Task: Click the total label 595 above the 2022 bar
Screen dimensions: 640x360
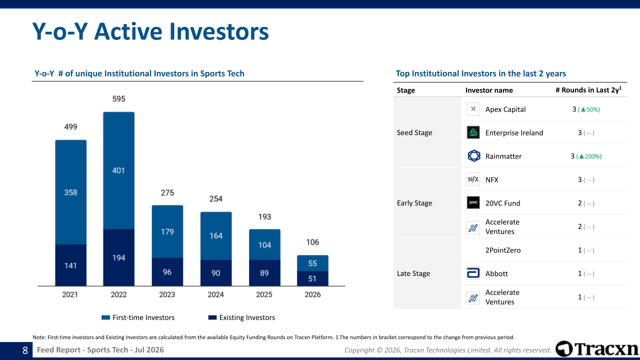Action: pos(118,99)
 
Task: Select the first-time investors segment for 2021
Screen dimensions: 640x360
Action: pos(71,192)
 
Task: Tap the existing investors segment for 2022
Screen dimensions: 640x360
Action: pos(119,257)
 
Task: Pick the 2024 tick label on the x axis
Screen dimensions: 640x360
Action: pos(215,294)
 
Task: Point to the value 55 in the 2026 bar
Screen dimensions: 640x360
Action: pos(312,263)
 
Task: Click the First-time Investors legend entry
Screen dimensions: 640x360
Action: pos(138,317)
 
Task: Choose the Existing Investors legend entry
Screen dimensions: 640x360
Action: pos(241,317)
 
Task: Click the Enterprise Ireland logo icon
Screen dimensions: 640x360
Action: pos(473,132)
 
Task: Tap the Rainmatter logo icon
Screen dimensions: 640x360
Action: pos(473,156)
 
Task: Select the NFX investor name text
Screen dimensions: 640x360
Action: pos(491,179)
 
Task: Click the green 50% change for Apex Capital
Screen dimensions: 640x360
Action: pos(589,109)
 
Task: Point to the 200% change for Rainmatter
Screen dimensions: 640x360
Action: pos(589,156)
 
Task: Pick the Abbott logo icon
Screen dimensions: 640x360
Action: pos(473,273)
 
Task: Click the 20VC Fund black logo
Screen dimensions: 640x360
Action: pos(473,202)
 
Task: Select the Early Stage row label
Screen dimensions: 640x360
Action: pos(414,203)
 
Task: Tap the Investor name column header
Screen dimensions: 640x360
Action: pos(489,90)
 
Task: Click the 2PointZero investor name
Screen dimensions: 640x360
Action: pos(503,250)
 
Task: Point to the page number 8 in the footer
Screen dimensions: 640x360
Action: pos(25,350)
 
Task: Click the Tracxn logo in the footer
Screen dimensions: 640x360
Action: pos(596,349)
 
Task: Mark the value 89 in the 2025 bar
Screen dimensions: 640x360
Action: pos(264,273)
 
